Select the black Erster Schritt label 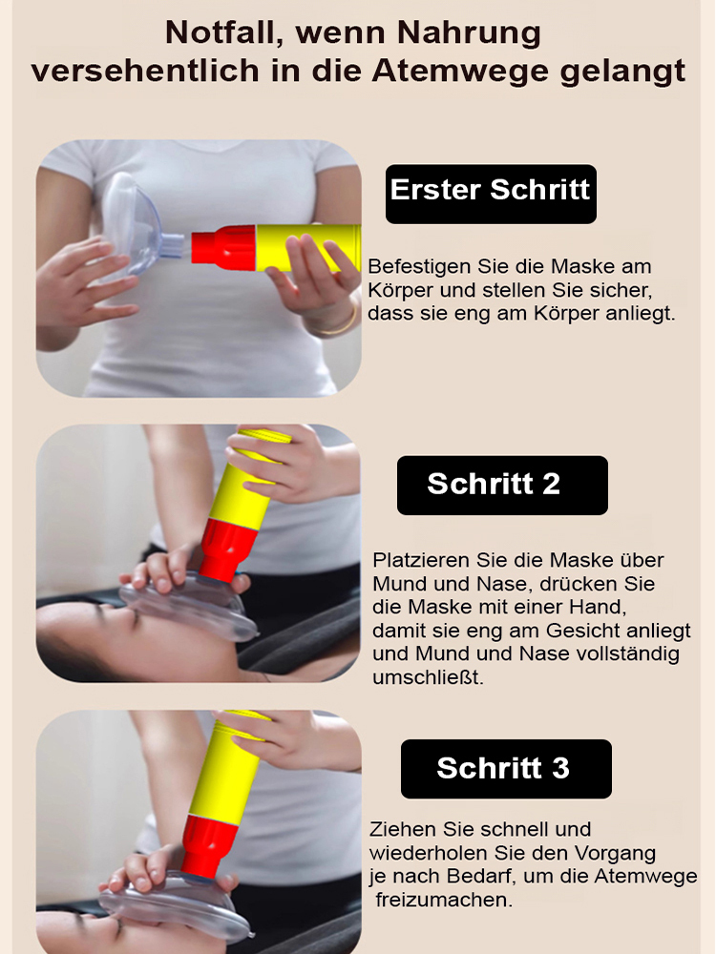pyautogui.click(x=491, y=189)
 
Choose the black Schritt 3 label pyautogui.click(x=503, y=768)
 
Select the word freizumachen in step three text pyautogui.click(x=444, y=900)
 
